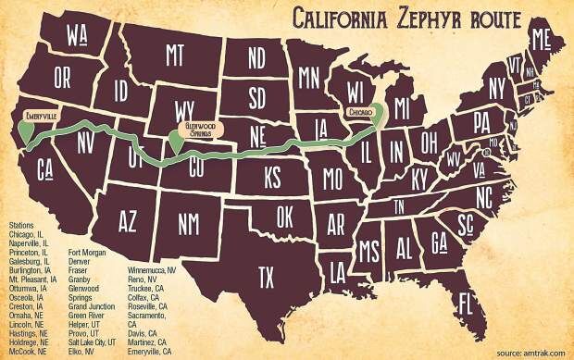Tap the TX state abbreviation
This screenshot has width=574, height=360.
[x=267, y=274]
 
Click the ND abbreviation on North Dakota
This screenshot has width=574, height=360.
[x=256, y=57]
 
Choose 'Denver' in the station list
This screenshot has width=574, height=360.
[x=81, y=261]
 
